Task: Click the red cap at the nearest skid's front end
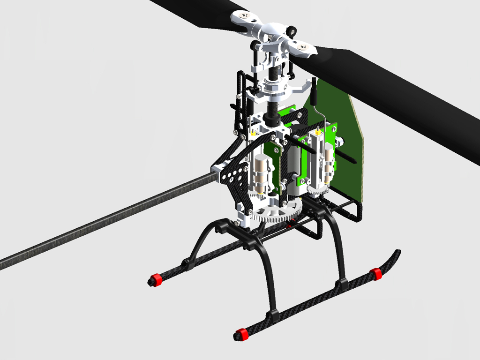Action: pyautogui.click(x=240, y=334)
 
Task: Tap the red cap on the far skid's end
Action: pyautogui.click(x=155, y=280)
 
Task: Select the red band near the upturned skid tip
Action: pyautogui.click(x=375, y=274)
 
